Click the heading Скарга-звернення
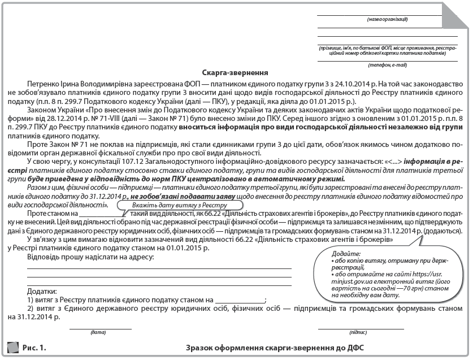235,72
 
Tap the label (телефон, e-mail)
387,65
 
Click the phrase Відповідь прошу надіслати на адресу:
90,257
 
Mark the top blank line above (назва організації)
387,15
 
